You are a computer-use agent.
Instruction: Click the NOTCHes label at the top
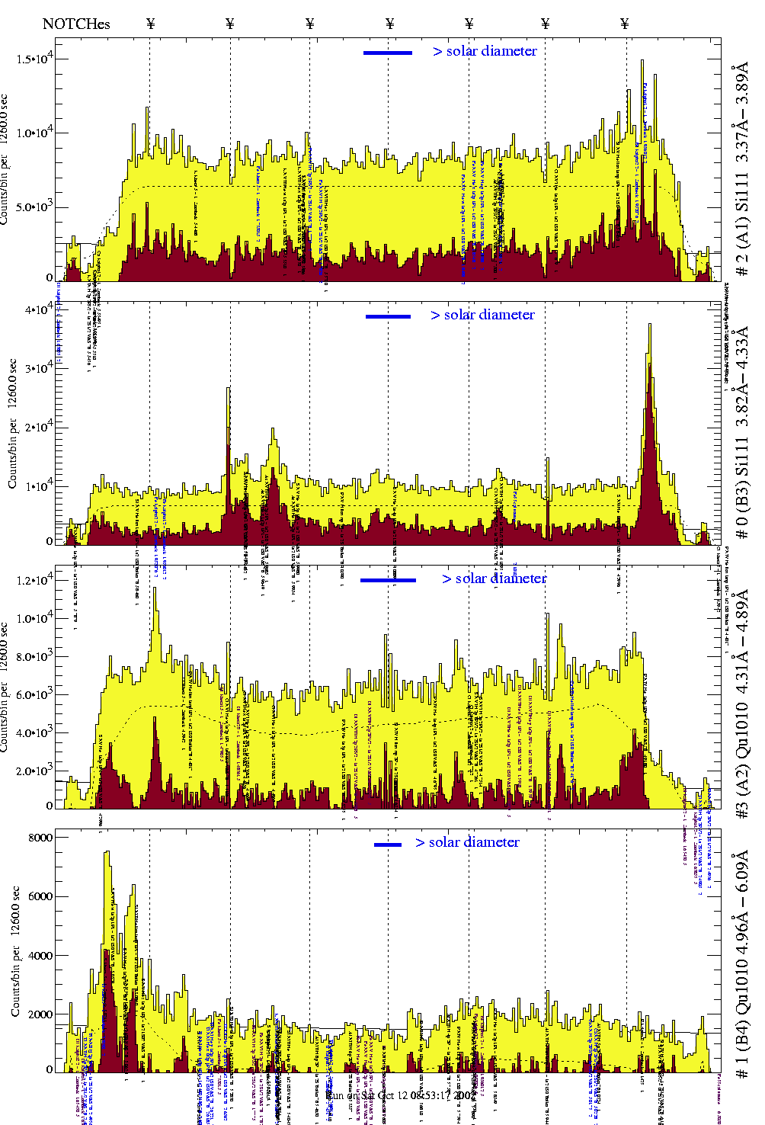point(76,24)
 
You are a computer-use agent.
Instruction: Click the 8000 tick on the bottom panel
point(40,838)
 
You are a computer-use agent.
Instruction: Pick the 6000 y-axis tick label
point(40,896)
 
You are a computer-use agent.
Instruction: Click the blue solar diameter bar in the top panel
point(388,53)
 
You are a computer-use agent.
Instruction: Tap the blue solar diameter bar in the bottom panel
point(388,845)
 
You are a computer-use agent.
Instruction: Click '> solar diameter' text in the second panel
point(482,315)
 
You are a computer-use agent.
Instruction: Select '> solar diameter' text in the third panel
point(494,579)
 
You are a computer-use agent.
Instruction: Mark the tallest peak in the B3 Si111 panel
point(649,325)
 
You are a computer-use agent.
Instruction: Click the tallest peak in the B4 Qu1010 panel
point(107,852)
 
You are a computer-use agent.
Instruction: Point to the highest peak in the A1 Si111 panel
point(642,61)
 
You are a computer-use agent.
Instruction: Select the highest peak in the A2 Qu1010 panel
point(155,588)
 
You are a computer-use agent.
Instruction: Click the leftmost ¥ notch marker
point(150,24)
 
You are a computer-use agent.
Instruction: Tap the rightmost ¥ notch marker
point(625,24)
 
